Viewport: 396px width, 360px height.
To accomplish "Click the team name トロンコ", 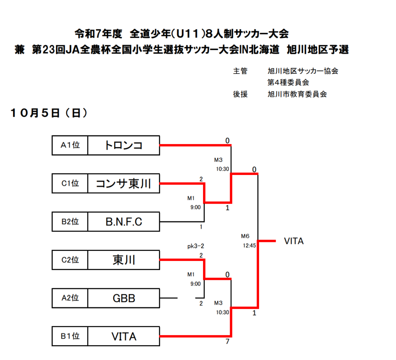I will [123, 145].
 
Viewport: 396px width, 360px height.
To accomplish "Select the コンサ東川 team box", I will [123, 183].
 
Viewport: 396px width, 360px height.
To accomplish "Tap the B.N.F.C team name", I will [123, 221].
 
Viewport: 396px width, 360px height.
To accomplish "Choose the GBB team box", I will [123, 298].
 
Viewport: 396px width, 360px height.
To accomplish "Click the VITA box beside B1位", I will [123, 336].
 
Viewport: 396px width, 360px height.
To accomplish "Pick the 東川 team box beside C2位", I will [123, 260].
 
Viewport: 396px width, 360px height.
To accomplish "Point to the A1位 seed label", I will [70, 145].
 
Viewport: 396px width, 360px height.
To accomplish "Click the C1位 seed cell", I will [70, 183].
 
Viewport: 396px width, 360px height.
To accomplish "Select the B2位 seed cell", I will [70, 221].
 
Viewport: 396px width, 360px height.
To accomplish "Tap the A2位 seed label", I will [70, 298].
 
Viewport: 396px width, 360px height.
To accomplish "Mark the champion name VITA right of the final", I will [294, 241].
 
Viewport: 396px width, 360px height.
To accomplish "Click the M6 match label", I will [245, 236].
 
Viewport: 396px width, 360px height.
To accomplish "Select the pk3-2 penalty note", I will [195, 247].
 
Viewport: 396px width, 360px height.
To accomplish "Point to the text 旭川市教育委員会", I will [297, 94].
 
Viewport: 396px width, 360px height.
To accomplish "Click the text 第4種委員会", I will [288, 82].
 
